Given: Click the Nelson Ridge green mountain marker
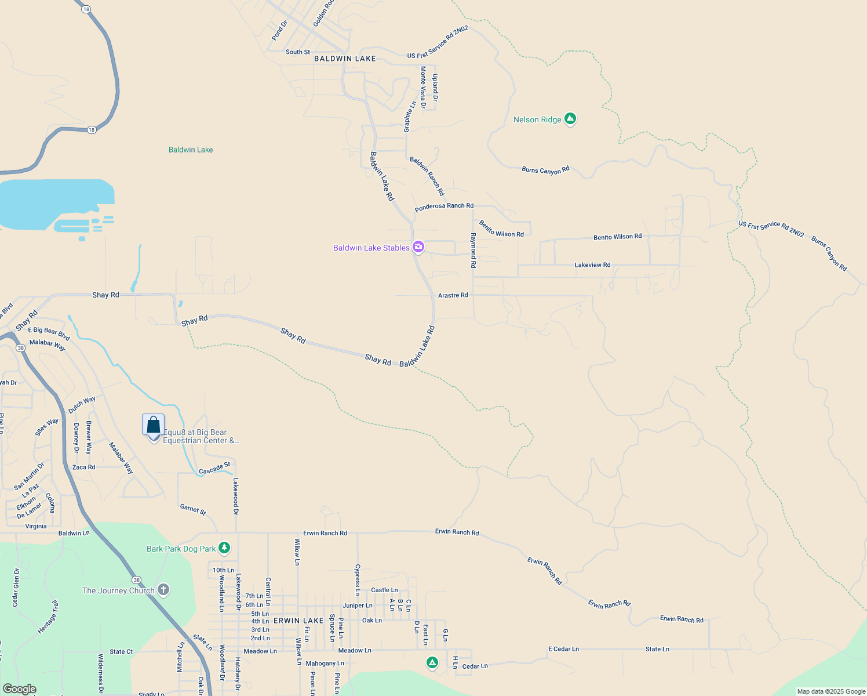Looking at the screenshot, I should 570,119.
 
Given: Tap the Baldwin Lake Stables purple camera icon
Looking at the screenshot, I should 418,247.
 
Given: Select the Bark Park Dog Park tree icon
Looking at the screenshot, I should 224,548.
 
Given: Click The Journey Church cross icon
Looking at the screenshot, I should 163,590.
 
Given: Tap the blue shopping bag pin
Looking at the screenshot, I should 154,425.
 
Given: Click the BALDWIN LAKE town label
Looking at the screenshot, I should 345,59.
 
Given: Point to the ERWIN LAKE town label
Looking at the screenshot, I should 298,621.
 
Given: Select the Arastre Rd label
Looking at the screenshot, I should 453,295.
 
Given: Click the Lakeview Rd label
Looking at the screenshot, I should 592,265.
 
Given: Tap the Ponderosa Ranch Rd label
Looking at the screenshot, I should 444,206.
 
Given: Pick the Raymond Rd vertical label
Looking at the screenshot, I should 473,250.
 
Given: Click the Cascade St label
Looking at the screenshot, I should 214,468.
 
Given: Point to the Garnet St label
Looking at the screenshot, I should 193,509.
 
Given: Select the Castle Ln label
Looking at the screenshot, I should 384,590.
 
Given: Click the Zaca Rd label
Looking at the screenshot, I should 83,467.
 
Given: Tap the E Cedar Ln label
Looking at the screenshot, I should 563,649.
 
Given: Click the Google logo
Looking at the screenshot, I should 20,689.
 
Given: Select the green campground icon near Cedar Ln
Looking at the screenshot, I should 432,662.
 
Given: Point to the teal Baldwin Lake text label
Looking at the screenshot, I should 191,150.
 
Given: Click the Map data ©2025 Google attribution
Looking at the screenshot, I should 831,691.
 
